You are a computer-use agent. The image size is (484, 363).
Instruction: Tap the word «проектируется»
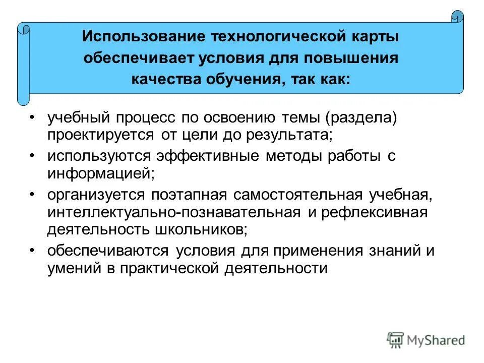pyautogui.click(x=101, y=135)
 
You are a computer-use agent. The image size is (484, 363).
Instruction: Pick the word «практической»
pyautogui.click(x=176, y=268)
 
